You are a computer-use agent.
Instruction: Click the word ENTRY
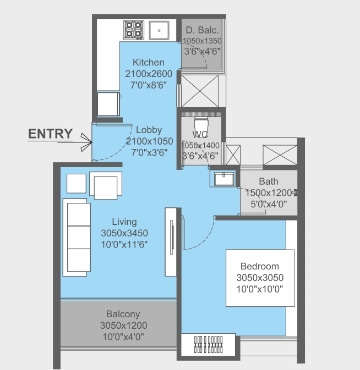[x=50, y=134]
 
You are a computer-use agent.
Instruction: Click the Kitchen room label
[x=149, y=62]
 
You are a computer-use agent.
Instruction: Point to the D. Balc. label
[x=203, y=30]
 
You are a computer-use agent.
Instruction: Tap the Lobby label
[x=149, y=130]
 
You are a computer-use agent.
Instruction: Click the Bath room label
[x=269, y=181]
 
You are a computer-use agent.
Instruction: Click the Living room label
[x=124, y=222]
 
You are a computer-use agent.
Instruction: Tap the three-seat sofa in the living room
[x=77, y=237]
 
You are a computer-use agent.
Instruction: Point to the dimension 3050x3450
[x=124, y=233]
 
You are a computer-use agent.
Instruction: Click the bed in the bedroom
[x=259, y=277]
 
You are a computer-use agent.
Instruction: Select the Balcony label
[x=123, y=314]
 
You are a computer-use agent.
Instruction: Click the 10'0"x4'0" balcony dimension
[x=123, y=335]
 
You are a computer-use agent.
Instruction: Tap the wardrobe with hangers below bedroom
[x=209, y=345]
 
